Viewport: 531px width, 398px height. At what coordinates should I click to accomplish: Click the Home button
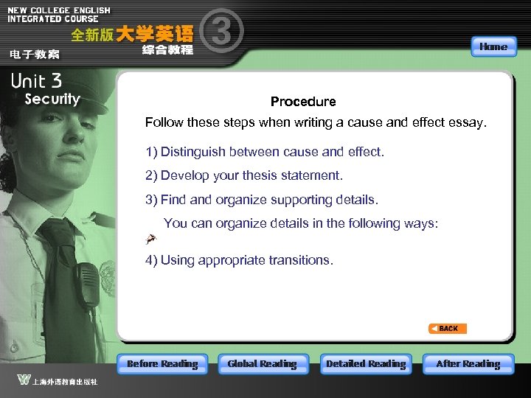click(x=493, y=46)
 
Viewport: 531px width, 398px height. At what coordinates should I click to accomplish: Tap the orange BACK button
click(x=448, y=329)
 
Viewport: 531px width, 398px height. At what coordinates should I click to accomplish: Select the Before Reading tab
click(x=162, y=364)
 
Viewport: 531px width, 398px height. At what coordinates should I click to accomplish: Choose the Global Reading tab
click(x=262, y=364)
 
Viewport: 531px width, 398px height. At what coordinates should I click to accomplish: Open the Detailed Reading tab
click(x=366, y=364)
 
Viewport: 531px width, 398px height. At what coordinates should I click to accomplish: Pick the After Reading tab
click(x=468, y=364)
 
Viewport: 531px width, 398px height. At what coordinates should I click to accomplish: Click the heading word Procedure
click(x=303, y=102)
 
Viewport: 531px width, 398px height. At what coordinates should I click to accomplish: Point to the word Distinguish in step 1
click(x=192, y=152)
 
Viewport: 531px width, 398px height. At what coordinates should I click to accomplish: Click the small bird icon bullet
click(x=151, y=238)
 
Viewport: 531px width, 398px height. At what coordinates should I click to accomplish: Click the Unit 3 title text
click(x=36, y=81)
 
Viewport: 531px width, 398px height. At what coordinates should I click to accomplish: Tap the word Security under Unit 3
click(x=52, y=99)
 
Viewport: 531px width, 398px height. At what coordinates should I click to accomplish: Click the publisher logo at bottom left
click(x=24, y=380)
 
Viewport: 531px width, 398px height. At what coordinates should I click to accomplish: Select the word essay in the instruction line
click(x=468, y=122)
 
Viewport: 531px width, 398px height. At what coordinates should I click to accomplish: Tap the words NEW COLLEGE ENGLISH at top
click(x=59, y=10)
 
